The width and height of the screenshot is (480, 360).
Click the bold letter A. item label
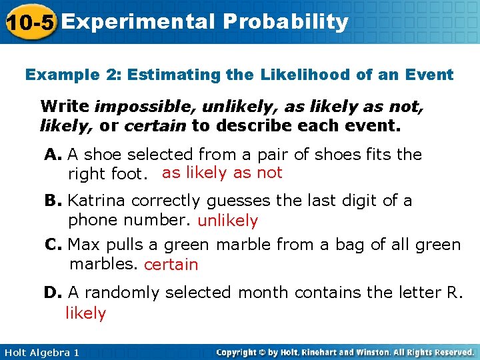point(53,155)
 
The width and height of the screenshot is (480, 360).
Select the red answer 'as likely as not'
point(222,173)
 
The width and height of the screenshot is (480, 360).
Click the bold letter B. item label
point(53,201)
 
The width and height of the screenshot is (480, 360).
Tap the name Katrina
point(97,201)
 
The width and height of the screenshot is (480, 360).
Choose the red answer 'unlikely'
point(227,221)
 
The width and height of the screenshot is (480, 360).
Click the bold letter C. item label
point(53,245)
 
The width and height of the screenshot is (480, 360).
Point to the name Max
point(83,245)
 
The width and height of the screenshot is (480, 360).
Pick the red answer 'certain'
point(171,265)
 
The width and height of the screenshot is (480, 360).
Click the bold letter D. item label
point(53,293)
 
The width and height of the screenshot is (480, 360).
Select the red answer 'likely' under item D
point(85,313)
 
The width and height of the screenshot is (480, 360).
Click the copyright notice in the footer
point(345,352)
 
